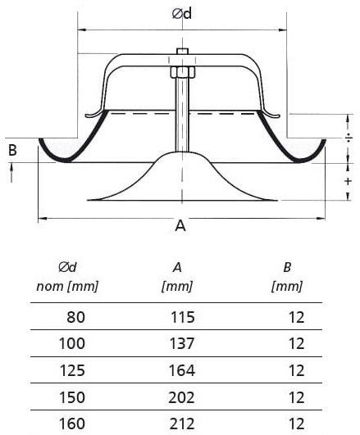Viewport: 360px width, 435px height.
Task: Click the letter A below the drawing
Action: [x=180, y=227]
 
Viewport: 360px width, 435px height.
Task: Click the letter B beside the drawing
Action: [x=11, y=150]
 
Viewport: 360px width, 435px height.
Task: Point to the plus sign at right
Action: [x=349, y=181]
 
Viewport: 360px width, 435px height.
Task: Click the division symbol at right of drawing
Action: [x=349, y=136]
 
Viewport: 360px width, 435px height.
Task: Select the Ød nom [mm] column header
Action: [x=67, y=277]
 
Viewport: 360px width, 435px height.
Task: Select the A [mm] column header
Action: [x=178, y=277]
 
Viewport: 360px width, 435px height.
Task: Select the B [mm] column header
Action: [x=287, y=277]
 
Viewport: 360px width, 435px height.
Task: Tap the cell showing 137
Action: [x=183, y=342]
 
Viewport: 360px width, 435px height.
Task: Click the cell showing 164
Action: [x=183, y=369]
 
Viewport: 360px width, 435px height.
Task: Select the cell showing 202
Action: [x=183, y=397]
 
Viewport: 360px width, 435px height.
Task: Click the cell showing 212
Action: [x=183, y=424]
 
